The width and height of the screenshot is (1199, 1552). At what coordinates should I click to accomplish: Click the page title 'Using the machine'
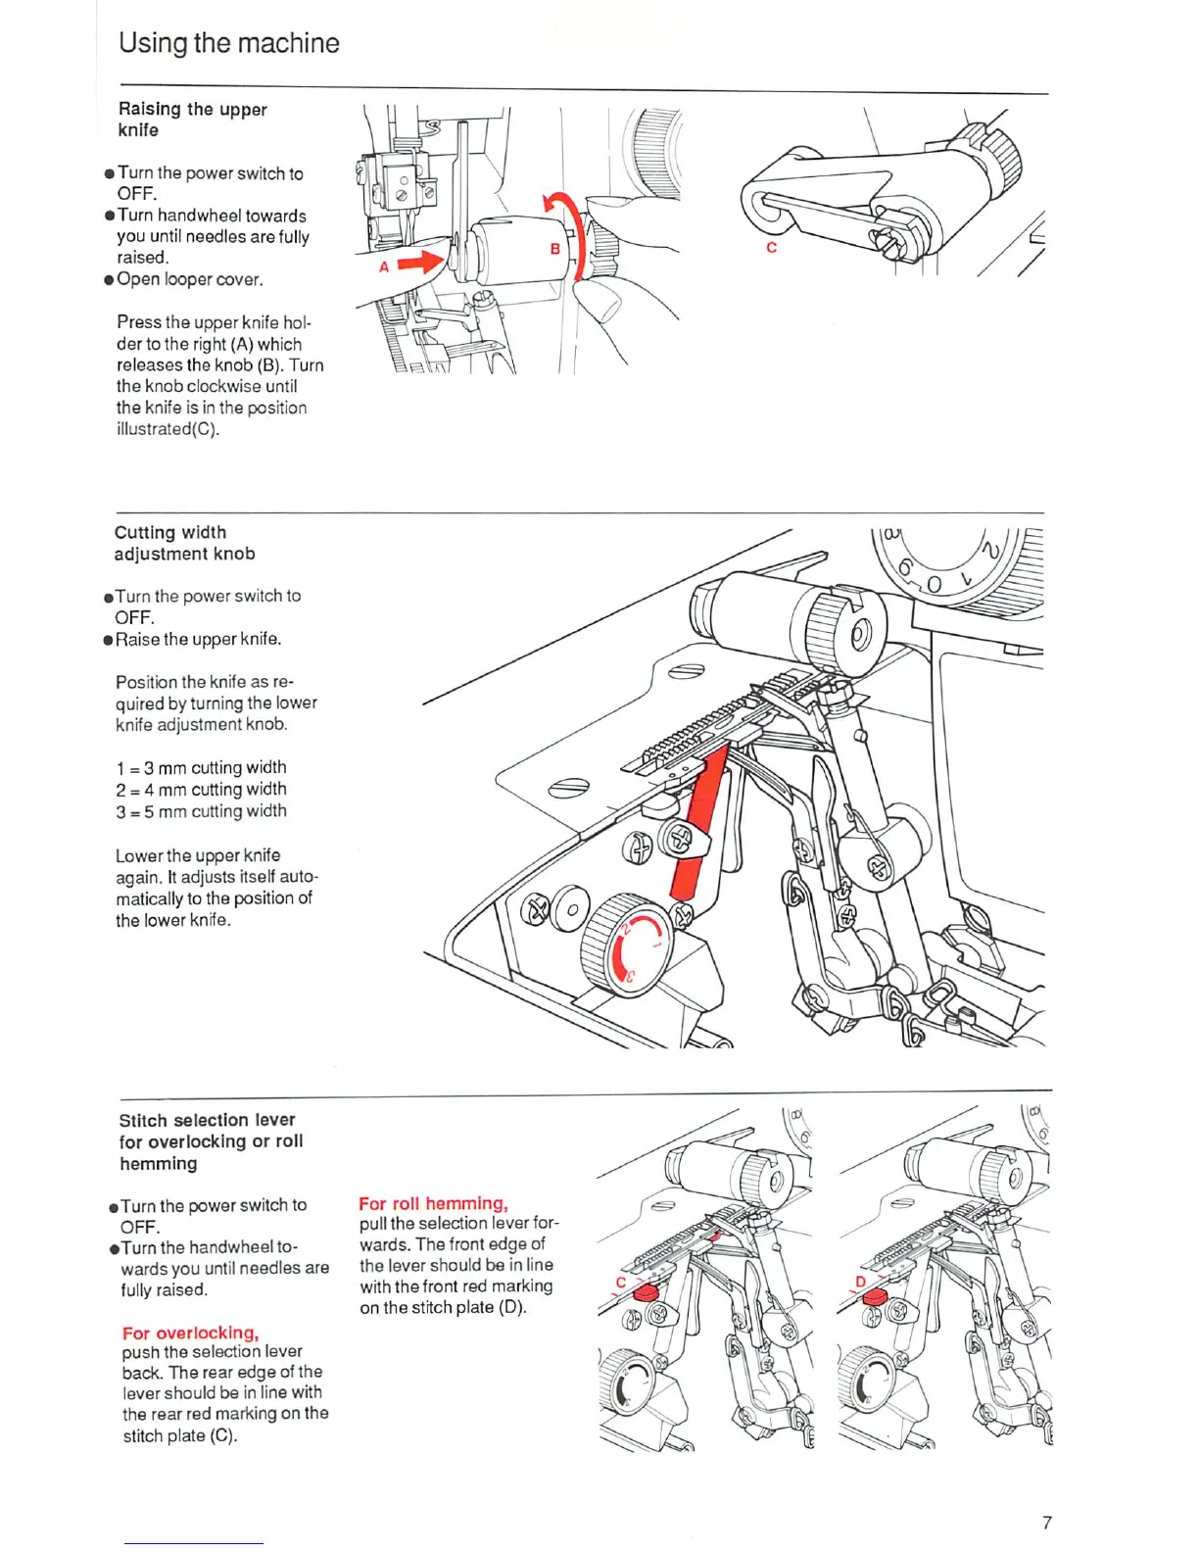(228, 43)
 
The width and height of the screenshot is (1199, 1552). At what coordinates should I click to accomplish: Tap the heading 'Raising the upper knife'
(192, 120)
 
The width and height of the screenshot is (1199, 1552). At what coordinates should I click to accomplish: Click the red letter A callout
(384, 267)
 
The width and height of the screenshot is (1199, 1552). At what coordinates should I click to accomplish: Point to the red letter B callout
(554, 249)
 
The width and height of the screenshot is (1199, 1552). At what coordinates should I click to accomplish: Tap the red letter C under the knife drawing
(771, 248)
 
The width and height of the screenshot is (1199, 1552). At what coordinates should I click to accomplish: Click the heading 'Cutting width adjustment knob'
(184, 543)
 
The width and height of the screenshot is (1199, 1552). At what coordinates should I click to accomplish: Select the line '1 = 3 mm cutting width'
(201, 767)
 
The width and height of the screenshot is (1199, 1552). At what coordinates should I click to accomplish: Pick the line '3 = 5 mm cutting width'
(201, 811)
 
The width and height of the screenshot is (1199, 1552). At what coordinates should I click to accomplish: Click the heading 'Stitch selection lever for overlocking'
(211, 1141)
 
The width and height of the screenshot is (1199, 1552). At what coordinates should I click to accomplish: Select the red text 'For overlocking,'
(190, 1333)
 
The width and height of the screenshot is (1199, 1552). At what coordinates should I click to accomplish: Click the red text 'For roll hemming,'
(433, 1203)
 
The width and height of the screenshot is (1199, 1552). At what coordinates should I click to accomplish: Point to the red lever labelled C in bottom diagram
(646, 1293)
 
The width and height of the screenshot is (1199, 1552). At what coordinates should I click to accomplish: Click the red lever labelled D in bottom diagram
(874, 1295)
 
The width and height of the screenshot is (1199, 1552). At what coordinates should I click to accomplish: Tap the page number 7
(1046, 1523)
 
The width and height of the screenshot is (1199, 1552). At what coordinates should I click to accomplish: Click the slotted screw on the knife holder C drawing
(889, 240)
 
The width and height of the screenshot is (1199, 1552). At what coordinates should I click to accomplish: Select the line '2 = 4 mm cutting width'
(201, 790)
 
